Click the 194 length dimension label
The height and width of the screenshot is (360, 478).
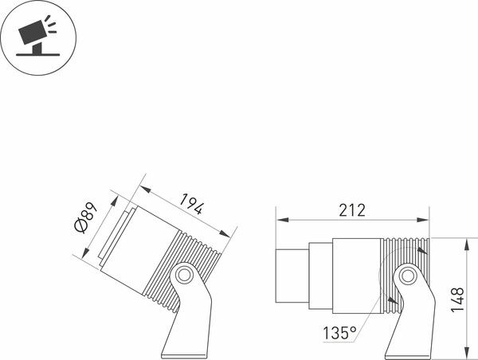pyautogui.click(x=191, y=203)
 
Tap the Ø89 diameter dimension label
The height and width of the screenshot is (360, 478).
pyautogui.click(x=86, y=217)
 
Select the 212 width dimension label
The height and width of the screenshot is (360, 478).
pyautogui.click(x=352, y=210)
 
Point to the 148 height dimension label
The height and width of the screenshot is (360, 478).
pyautogui.click(x=457, y=299)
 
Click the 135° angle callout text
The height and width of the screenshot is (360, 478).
pyautogui.click(x=339, y=333)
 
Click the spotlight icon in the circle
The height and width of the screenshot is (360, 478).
pyautogui.click(x=37, y=36)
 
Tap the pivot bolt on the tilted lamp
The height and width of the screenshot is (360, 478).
pyautogui.click(x=184, y=275)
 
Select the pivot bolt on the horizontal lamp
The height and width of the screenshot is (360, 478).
pyautogui.click(x=406, y=276)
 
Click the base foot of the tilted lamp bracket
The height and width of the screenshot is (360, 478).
pyautogui.click(x=185, y=356)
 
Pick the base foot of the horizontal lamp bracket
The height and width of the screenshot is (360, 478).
pyautogui.click(x=408, y=357)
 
